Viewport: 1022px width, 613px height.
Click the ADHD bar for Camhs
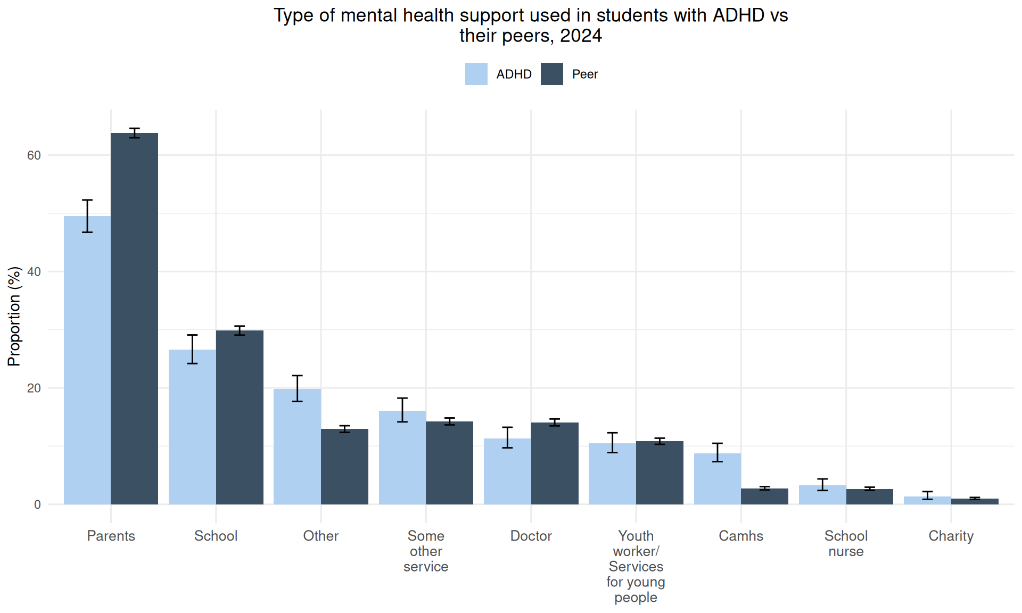(x=717, y=478)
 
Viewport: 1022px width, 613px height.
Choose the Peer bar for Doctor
(x=555, y=463)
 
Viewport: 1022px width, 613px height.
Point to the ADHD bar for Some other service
(x=402, y=457)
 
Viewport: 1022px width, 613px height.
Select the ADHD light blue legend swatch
(x=476, y=74)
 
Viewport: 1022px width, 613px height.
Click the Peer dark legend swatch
(x=551, y=74)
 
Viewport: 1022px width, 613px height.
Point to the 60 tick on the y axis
(x=34, y=155)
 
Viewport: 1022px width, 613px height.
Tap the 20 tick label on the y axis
(x=34, y=388)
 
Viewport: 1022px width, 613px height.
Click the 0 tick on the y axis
(x=37, y=504)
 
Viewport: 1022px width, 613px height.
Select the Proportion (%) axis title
(x=14, y=316)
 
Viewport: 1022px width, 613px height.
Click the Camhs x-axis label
(x=740, y=536)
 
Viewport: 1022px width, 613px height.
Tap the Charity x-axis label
(x=951, y=536)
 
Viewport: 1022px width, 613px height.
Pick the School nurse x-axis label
(x=846, y=543)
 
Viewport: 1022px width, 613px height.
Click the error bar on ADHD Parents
(x=87, y=216)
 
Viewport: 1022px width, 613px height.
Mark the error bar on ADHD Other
(x=297, y=388)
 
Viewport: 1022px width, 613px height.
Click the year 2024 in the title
(x=581, y=36)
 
